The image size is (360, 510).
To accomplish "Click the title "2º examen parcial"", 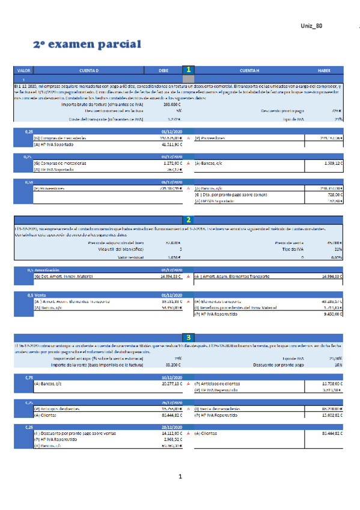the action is [x=87, y=45].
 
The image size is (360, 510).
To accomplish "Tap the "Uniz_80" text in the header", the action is [x=311, y=26].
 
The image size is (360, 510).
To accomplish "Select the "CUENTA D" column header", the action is [x=89, y=70].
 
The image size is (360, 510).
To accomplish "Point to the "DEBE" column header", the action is [x=163, y=70].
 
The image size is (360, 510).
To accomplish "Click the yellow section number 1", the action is [x=189, y=70].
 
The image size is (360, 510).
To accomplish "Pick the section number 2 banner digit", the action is [x=189, y=220].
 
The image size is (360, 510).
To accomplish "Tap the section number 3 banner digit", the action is [x=189, y=338].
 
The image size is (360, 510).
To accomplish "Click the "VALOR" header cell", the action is [x=24, y=70].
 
